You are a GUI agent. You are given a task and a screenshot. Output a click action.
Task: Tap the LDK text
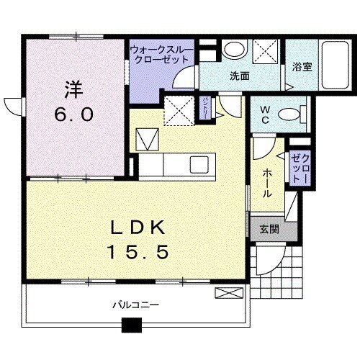tap(139, 228)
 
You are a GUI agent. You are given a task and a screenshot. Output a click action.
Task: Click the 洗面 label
tap(240, 75)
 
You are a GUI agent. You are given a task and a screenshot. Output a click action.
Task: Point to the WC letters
tap(264, 115)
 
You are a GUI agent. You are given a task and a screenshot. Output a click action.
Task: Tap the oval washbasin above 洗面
tap(233, 50)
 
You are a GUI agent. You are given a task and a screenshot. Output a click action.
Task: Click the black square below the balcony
tap(130, 325)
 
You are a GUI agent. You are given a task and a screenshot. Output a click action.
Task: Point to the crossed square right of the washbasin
tap(264, 52)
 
